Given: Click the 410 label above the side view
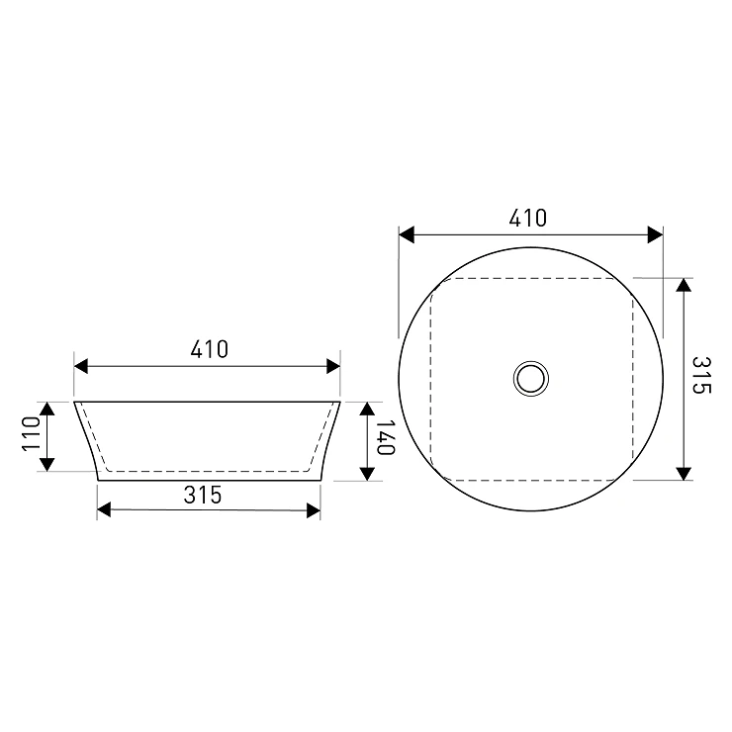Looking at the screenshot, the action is [209, 349].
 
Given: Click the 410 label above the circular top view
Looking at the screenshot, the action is [527, 218].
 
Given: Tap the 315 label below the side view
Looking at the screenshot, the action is [203, 495].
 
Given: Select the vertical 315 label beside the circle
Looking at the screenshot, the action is [700, 375].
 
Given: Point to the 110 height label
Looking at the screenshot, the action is [32, 433].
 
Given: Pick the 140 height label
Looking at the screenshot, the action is [386, 437].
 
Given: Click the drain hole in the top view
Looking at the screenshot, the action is [531, 379].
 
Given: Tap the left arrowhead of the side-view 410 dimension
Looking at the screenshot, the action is [81, 366].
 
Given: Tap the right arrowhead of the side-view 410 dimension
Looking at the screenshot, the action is [333, 366].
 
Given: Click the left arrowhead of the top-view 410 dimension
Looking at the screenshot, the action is [407, 234].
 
